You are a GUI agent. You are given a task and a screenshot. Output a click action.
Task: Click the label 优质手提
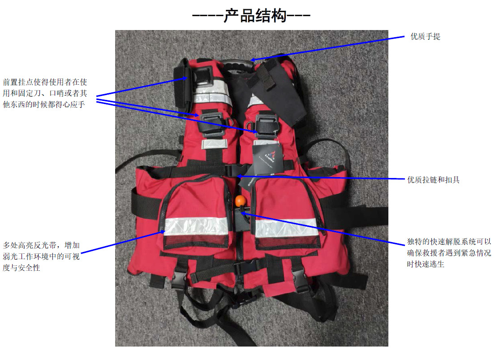pyautogui.click(x=425, y=36)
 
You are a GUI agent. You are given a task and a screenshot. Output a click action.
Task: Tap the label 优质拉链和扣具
pyautogui.click(x=433, y=180)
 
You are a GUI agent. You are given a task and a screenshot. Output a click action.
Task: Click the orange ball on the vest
pyautogui.click(x=240, y=200)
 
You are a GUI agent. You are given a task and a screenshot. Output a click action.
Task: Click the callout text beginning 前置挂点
pyautogui.click(x=45, y=93)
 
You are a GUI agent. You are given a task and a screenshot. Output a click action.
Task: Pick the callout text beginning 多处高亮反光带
pyautogui.click(x=41, y=256)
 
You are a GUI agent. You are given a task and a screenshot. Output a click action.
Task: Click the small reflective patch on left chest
pyautogui.click(x=214, y=143)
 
